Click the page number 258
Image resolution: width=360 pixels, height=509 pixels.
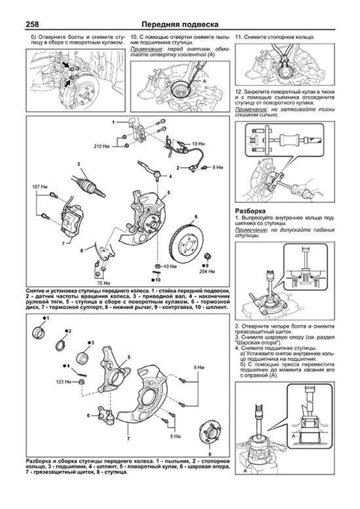pyautogui.click(x=33, y=24)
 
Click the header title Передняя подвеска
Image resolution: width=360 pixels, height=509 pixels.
pyautogui.click(x=180, y=24)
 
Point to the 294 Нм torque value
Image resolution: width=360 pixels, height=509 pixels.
pyautogui.click(x=207, y=271)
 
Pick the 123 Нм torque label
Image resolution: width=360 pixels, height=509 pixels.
pyautogui.click(x=64, y=382)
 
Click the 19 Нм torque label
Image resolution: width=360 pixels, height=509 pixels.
pyautogui.click(x=199, y=144)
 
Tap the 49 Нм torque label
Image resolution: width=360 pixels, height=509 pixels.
pyautogui.click(x=170, y=266)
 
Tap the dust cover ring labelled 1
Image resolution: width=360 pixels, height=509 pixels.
pyautogui.click(x=38, y=333)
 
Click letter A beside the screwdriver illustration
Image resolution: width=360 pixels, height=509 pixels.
pyautogui.click(x=204, y=81)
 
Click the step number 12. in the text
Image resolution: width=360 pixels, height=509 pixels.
pyautogui.click(x=239, y=92)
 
